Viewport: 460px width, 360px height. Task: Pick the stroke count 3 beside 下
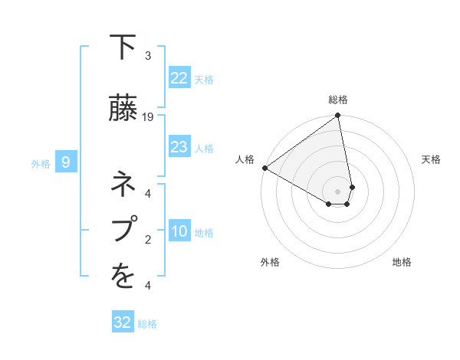(x=148, y=56)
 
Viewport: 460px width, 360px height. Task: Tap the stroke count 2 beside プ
(x=148, y=240)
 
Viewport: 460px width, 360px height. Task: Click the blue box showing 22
(x=179, y=78)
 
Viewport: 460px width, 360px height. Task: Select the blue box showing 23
(x=179, y=147)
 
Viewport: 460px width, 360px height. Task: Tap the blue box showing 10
(x=179, y=231)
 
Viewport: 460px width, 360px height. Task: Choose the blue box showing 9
(x=66, y=162)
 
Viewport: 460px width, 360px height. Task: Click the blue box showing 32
(x=123, y=322)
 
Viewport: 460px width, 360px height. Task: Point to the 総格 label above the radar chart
(x=338, y=100)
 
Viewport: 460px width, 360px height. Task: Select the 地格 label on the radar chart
(x=402, y=262)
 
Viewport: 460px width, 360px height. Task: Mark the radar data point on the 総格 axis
(x=337, y=116)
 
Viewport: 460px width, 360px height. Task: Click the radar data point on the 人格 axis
(x=264, y=168)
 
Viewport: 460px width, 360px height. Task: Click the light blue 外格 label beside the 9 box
(x=40, y=163)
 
